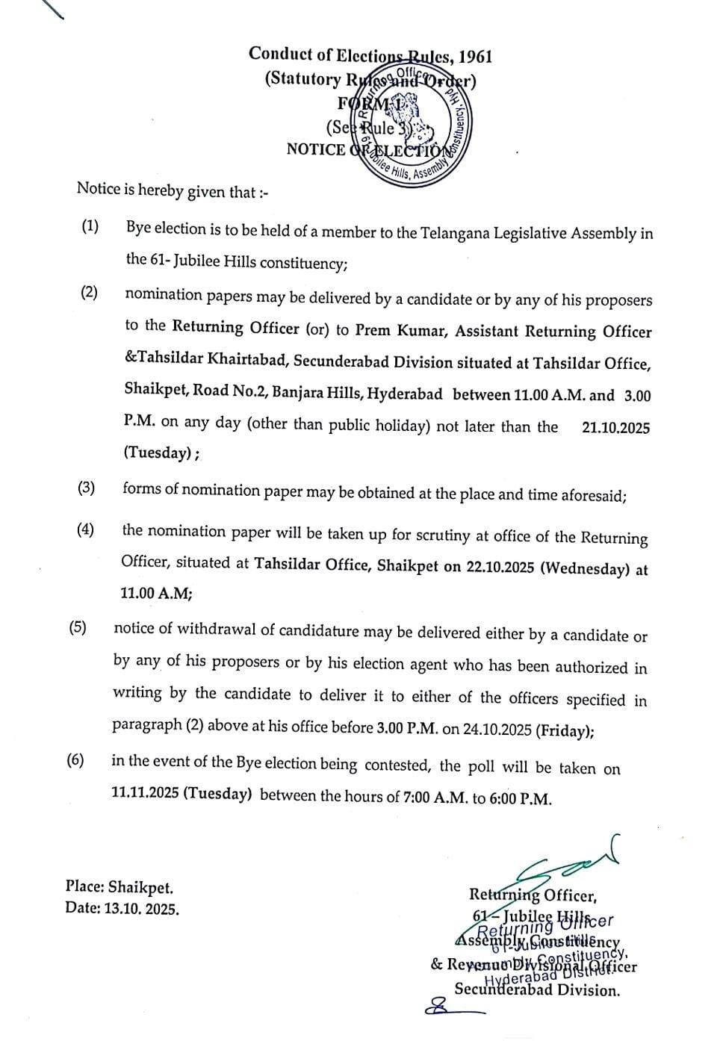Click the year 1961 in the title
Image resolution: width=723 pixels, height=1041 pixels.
475,57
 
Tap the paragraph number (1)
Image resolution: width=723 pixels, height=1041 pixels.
90,227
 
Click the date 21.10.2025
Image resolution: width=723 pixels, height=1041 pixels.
615,428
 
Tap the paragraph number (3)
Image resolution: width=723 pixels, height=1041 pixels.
87,488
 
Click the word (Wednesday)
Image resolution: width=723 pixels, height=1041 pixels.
586,568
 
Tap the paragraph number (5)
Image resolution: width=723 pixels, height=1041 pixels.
78,627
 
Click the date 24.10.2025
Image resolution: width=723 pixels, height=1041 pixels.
497,730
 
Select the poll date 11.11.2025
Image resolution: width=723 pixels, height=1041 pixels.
145,793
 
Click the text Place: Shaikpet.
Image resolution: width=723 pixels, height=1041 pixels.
120,888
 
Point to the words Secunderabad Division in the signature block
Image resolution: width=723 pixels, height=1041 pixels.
537,991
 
